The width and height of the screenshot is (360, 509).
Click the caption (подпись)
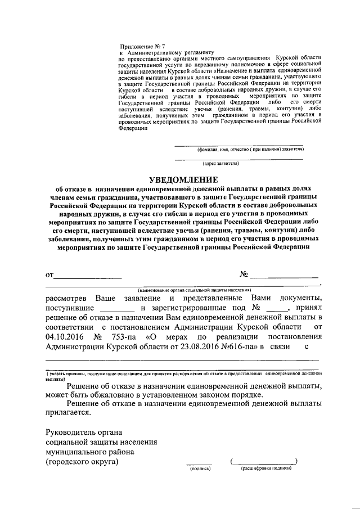(x=199, y=468)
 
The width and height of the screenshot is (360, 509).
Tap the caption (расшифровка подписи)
(x=263, y=468)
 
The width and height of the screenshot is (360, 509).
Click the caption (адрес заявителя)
(x=222, y=164)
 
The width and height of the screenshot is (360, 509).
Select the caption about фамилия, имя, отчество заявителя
(x=251, y=150)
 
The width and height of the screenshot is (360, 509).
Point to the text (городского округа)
(x=82, y=462)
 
